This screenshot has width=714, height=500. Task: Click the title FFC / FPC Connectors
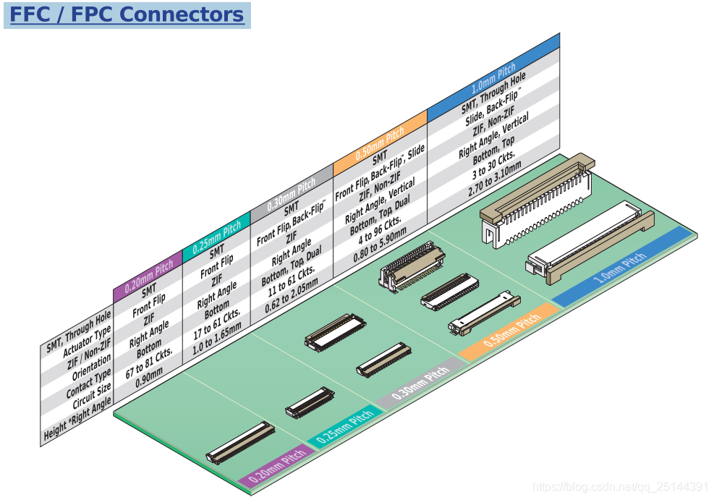coord(127,14)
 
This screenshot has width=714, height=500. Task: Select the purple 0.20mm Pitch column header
coord(149,275)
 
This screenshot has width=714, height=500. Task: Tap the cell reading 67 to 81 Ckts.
coord(150,361)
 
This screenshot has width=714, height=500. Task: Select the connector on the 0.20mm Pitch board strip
coord(240,442)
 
